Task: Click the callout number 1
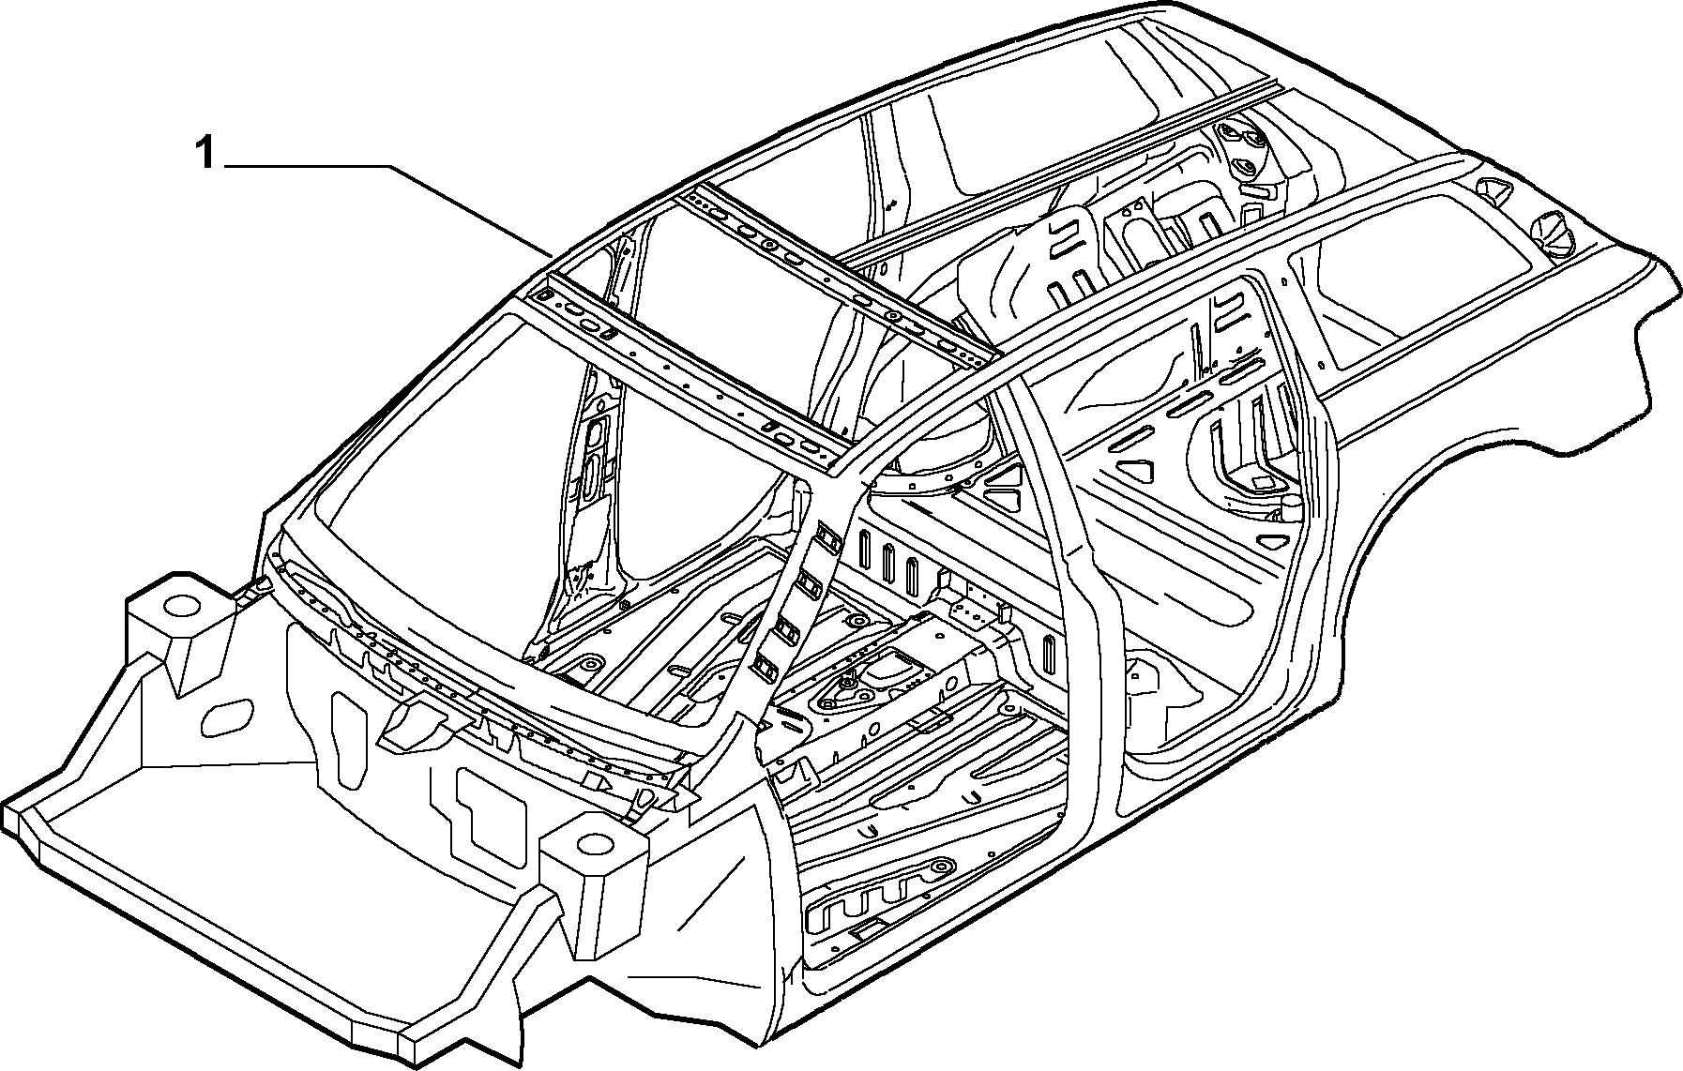[205, 153]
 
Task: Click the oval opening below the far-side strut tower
[229, 718]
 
